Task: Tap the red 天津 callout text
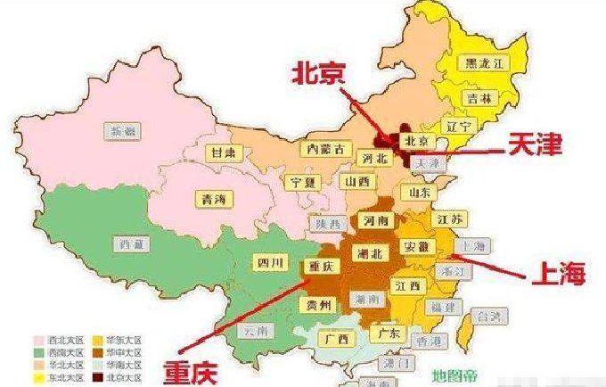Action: tap(535, 144)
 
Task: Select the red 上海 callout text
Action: tap(558, 274)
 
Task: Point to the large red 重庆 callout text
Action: tap(194, 368)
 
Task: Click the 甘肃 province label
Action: tap(223, 152)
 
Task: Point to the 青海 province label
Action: tap(212, 199)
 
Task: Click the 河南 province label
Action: tap(372, 218)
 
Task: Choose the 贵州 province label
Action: tap(320, 306)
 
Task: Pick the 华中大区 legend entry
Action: tap(123, 352)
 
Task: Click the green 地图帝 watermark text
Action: tap(455, 375)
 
